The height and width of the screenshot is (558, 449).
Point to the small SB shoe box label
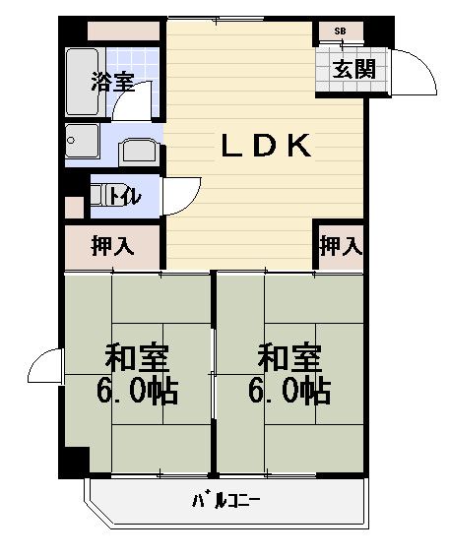pyautogui.click(x=340, y=31)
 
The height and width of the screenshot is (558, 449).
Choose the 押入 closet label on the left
pyautogui.click(x=112, y=247)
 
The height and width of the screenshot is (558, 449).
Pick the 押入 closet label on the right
pyautogui.click(x=341, y=246)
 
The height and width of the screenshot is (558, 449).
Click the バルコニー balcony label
pyautogui.click(x=225, y=502)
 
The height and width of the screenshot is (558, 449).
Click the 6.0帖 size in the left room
pyautogui.click(x=137, y=392)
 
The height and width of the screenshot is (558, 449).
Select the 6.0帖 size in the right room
pyautogui.click(x=289, y=392)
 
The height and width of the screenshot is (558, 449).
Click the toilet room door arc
pyautogui.click(x=180, y=194)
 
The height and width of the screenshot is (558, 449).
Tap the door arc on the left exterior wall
pyautogui.click(x=44, y=368)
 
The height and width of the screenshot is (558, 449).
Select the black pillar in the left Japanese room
pyautogui.click(x=75, y=461)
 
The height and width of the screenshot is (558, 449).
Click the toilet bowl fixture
pyautogui.click(x=96, y=195)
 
